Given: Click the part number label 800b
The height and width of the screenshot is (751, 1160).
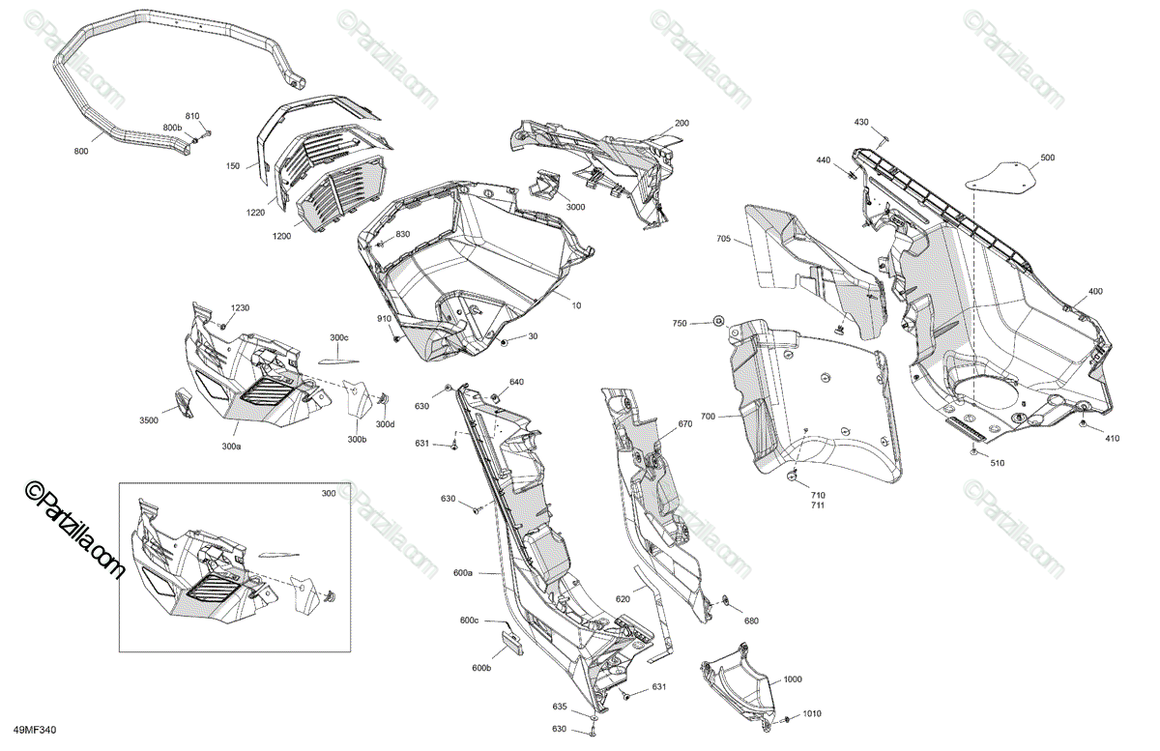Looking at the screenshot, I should click(171, 129).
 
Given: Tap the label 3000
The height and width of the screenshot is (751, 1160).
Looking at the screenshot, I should click(575, 208).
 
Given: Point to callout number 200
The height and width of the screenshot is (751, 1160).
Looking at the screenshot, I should click(681, 124).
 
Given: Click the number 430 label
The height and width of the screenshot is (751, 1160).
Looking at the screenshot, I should click(861, 123).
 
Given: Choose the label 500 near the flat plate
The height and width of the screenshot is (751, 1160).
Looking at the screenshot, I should click(1048, 158).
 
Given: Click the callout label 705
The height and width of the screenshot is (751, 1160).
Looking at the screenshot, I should click(724, 239).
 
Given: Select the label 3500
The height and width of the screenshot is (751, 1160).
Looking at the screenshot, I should click(149, 421).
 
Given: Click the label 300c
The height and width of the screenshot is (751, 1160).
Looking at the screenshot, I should click(338, 337).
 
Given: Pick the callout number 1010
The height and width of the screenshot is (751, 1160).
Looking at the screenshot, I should click(812, 714).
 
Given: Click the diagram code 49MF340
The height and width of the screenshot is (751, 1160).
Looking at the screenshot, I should click(34, 731).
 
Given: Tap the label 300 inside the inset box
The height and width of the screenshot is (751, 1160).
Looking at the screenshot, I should click(329, 494).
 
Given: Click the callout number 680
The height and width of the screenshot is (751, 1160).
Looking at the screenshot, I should click(751, 621).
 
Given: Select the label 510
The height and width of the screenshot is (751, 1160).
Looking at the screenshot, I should click(997, 464).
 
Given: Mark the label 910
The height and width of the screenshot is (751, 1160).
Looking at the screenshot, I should click(384, 319).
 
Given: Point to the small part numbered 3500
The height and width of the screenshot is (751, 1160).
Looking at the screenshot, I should click(183, 402).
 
